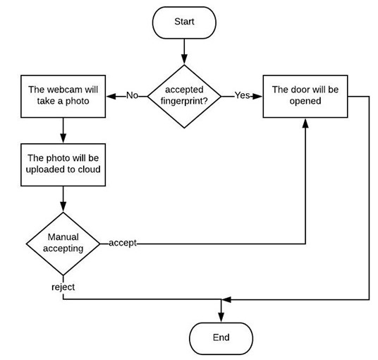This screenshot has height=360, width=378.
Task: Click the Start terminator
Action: (184, 23)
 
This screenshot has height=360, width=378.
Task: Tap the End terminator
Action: (221, 338)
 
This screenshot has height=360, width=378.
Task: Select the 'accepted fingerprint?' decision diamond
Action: (184, 96)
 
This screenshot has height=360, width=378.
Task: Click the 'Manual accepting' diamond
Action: (63, 244)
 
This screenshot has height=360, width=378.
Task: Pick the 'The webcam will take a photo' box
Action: (63, 96)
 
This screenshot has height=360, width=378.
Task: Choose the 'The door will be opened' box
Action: (305, 96)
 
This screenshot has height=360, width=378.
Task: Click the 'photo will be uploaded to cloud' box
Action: (63, 164)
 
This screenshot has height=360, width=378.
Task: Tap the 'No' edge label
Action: (132, 95)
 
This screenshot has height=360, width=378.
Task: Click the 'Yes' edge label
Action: (242, 95)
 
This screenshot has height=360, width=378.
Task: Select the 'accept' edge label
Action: (123, 243)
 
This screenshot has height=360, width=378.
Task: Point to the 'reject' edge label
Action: (63, 287)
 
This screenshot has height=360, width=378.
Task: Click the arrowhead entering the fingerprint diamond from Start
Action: (184, 59)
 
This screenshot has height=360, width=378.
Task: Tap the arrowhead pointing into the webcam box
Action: (111, 97)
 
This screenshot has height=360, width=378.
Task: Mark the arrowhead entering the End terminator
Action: (221, 318)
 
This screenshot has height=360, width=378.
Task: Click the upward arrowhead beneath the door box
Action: (305, 123)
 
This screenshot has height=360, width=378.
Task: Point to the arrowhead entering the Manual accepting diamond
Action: (63, 207)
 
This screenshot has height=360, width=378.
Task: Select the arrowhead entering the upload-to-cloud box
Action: (63, 138)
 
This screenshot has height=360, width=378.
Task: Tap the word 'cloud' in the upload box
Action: (89, 169)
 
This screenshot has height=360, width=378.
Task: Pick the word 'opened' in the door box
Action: (305, 101)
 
